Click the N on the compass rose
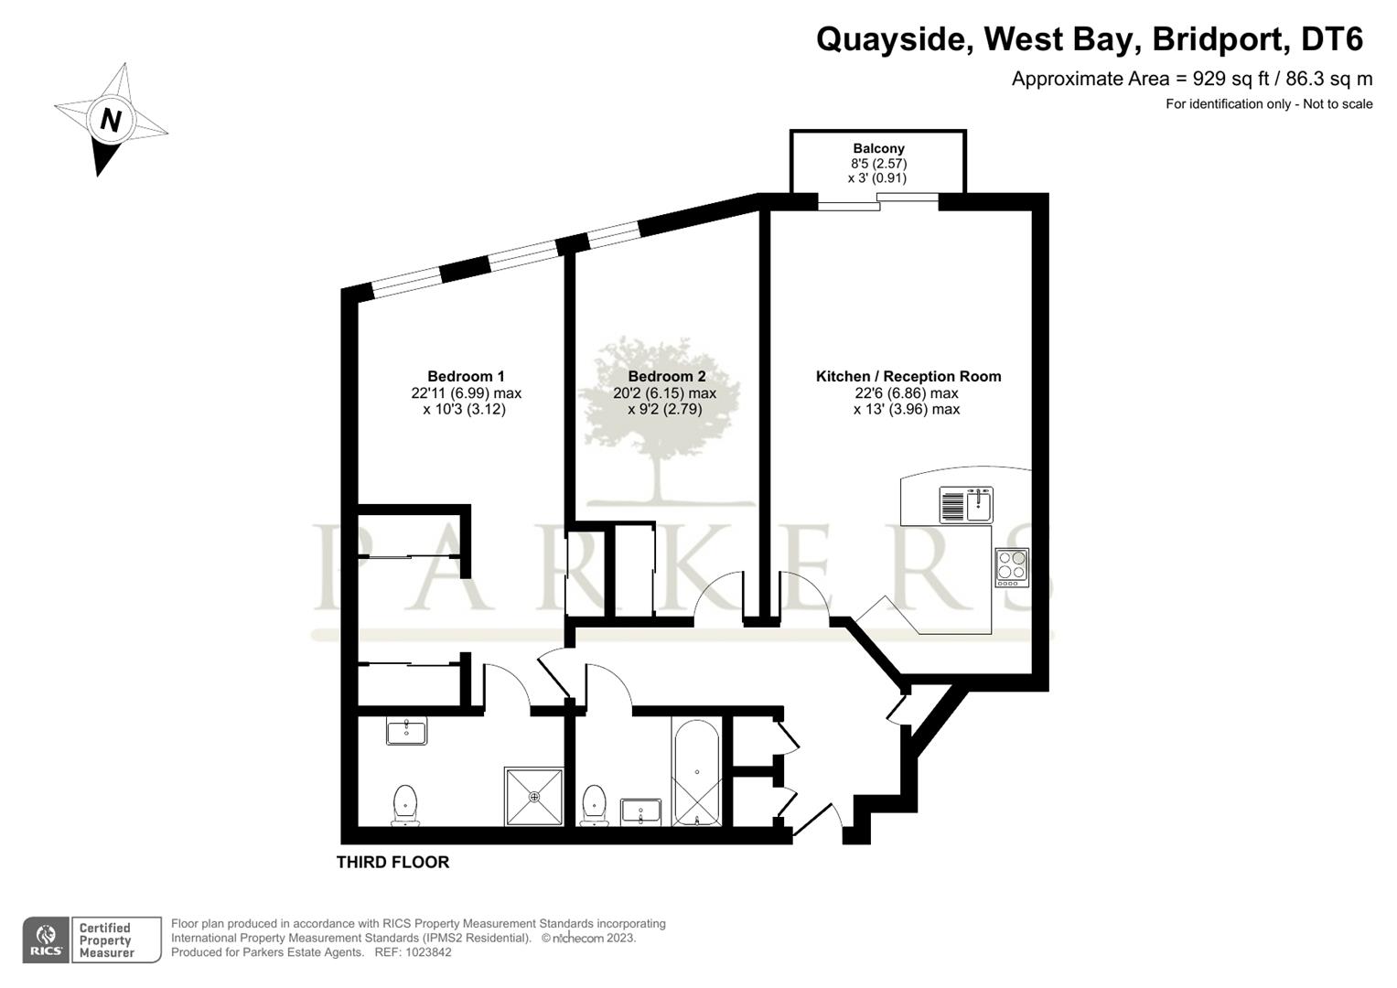111,120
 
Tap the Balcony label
878,148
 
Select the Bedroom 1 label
466,376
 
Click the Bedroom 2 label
666,376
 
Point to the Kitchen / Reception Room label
908,376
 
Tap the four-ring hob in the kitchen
1012,567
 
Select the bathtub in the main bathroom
696,772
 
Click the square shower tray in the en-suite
533,796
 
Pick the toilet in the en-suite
404,804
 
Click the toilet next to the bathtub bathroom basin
595,805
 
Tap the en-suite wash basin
406,732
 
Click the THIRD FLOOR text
392,862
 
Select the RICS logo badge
45,940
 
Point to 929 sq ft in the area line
1225,79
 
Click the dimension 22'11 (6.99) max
466,393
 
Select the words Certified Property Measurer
106,940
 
